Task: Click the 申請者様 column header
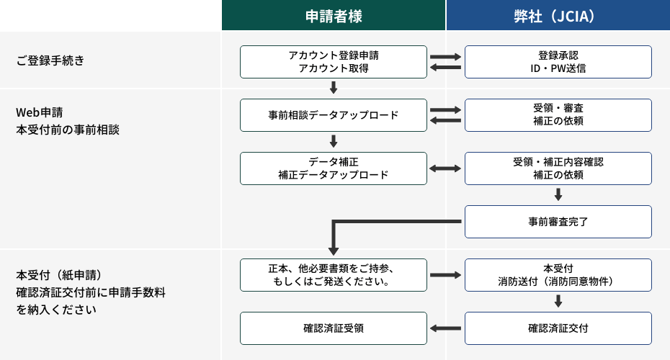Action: [333, 16]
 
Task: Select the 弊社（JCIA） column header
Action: [558, 16]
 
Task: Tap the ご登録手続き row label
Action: [50, 60]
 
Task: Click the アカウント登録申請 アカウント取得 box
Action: [333, 62]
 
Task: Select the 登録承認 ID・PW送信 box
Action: [558, 62]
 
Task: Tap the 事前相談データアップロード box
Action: [333, 115]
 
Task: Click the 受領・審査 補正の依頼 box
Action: [558, 115]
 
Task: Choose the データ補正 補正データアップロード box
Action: [333, 168]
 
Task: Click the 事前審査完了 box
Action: [558, 222]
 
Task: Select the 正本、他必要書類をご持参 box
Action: [333, 275]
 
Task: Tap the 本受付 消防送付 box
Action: [558, 275]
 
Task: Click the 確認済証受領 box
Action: [333, 328]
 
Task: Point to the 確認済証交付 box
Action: [558, 328]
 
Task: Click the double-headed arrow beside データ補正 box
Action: [445, 168]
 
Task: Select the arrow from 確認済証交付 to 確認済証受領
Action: [445, 328]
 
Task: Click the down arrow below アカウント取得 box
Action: [333, 88]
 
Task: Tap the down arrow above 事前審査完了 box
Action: [558, 194]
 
